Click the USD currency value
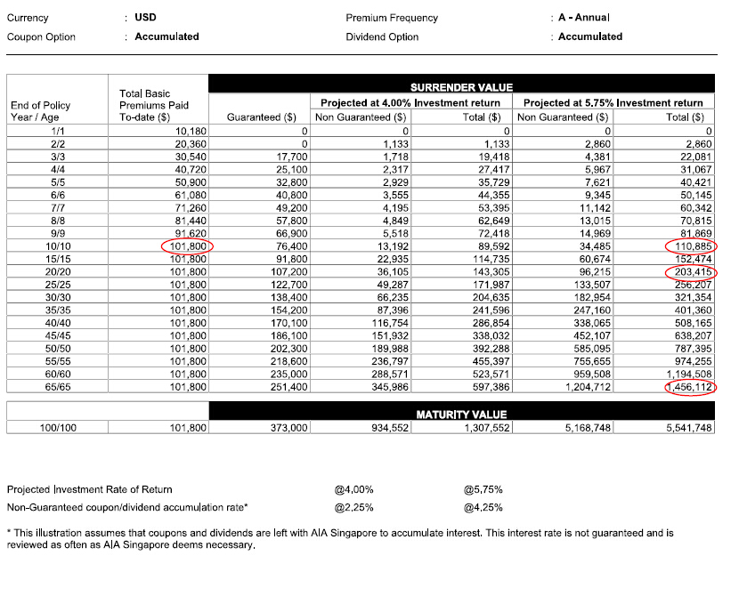pyautogui.click(x=145, y=18)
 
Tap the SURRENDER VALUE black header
pyautogui.click(x=461, y=87)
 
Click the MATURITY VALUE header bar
pyautogui.click(x=461, y=415)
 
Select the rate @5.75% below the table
pyautogui.click(x=483, y=489)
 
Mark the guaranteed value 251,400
pyautogui.click(x=288, y=387)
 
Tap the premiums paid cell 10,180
pyautogui.click(x=191, y=130)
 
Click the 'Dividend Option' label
pyautogui.click(x=382, y=36)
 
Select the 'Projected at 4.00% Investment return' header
pyautogui.click(x=410, y=103)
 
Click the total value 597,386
pyautogui.click(x=483, y=387)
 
